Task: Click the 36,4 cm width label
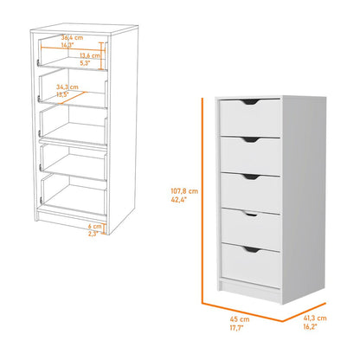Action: click(x=72, y=38)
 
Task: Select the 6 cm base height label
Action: click(x=95, y=227)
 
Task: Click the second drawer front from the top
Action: click(x=249, y=155)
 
